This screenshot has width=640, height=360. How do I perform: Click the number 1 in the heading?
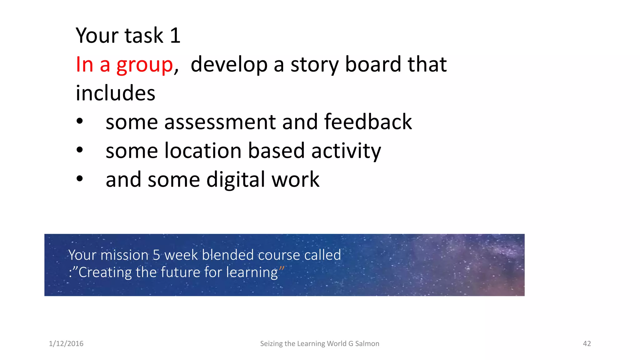[x=175, y=36]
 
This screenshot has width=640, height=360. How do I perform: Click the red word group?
[x=144, y=65]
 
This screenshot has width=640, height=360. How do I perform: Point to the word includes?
[x=115, y=93]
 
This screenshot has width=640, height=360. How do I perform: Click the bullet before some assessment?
[x=80, y=121]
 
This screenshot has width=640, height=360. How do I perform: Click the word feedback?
[x=368, y=122]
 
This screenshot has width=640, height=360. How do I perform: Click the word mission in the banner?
[x=124, y=255]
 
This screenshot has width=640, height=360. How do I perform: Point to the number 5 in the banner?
[x=156, y=255]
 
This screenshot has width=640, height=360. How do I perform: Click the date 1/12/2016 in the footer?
[x=66, y=344]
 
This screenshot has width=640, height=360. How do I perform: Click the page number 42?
[x=587, y=344]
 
